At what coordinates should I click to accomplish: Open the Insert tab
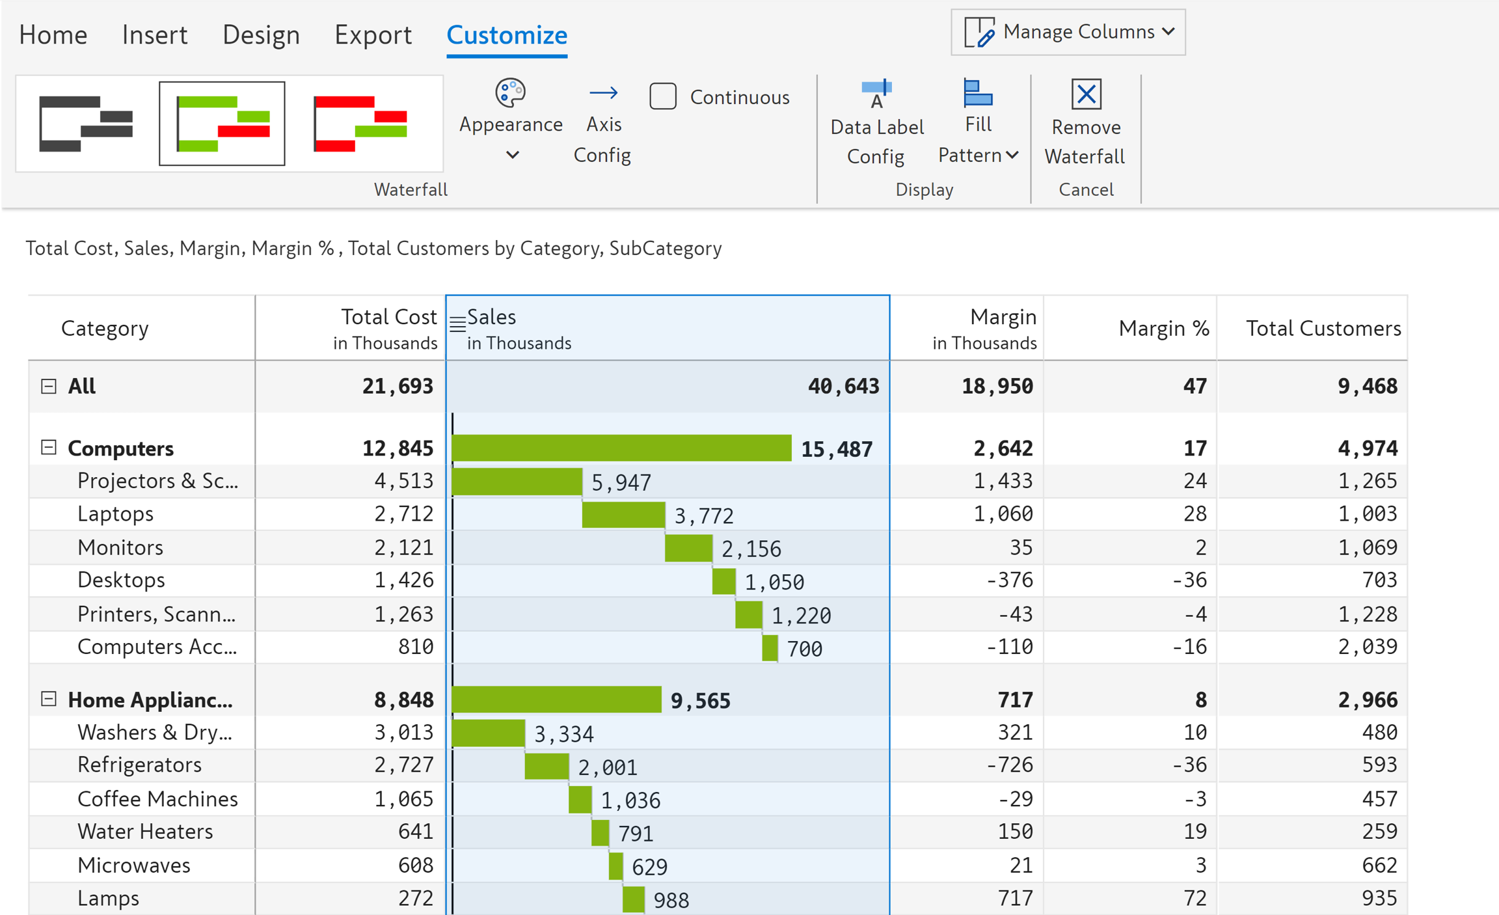click(154, 34)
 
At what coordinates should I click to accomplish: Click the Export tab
click(373, 34)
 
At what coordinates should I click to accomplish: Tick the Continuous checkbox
click(662, 96)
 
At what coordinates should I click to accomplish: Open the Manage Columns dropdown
click(1068, 32)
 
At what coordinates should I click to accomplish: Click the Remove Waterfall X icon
click(1086, 94)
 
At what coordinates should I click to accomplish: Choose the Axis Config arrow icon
click(603, 94)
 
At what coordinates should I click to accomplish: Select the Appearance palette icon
click(510, 93)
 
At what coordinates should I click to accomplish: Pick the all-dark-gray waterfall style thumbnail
click(86, 124)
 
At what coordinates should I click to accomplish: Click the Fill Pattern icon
click(977, 93)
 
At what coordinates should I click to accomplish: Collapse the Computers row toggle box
click(49, 447)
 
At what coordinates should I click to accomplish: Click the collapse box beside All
click(49, 386)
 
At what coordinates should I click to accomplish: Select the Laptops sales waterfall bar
click(623, 515)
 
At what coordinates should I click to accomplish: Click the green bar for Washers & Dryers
click(487, 733)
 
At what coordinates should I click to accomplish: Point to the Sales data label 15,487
click(836, 449)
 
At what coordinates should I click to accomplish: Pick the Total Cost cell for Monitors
click(403, 547)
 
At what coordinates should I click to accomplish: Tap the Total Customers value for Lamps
click(1379, 898)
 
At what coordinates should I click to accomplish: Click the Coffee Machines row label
click(157, 799)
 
